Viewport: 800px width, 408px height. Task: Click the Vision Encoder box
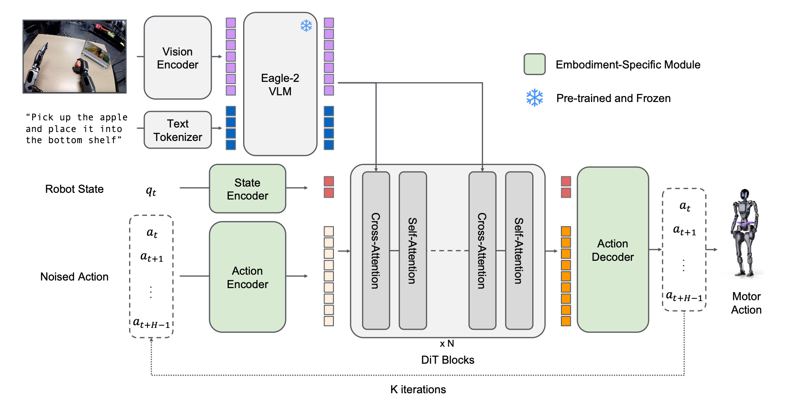point(177,58)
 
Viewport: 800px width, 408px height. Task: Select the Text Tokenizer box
point(177,130)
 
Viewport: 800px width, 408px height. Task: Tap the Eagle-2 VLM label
point(280,85)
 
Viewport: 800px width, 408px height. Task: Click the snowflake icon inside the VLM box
point(306,25)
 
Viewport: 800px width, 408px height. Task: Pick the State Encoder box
point(247,189)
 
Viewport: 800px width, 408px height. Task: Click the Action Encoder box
point(247,277)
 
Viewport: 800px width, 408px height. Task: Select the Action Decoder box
point(612,250)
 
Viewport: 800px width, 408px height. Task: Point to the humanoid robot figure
point(745,233)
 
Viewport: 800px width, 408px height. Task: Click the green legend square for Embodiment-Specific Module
point(535,64)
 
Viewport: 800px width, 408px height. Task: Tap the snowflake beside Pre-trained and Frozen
point(535,98)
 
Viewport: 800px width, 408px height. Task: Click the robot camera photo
point(75,56)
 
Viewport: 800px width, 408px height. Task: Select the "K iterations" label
point(418,389)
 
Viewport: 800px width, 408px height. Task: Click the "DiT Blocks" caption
point(447,360)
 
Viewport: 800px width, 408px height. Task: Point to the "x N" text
point(447,344)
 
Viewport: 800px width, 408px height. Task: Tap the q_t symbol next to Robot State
point(151,191)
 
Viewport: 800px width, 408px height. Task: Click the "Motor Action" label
point(746,303)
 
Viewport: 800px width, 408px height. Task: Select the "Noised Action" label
point(74,276)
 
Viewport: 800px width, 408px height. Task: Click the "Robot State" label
point(74,189)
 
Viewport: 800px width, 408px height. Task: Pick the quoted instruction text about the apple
point(76,129)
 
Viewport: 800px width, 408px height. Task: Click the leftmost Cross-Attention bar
point(376,251)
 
